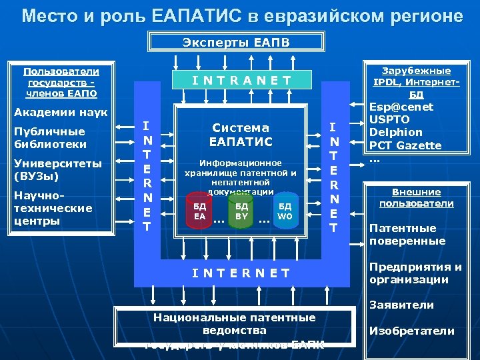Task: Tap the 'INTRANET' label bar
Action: click(x=241, y=81)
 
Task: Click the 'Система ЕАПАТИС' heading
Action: click(x=241, y=134)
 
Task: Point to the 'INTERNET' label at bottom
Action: click(x=241, y=273)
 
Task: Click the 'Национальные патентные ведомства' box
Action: click(x=234, y=324)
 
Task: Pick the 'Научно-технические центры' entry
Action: click(x=53, y=207)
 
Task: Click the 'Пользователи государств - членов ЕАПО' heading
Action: click(x=61, y=81)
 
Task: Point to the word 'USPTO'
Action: click(x=389, y=119)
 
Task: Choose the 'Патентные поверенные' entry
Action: click(x=407, y=234)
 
